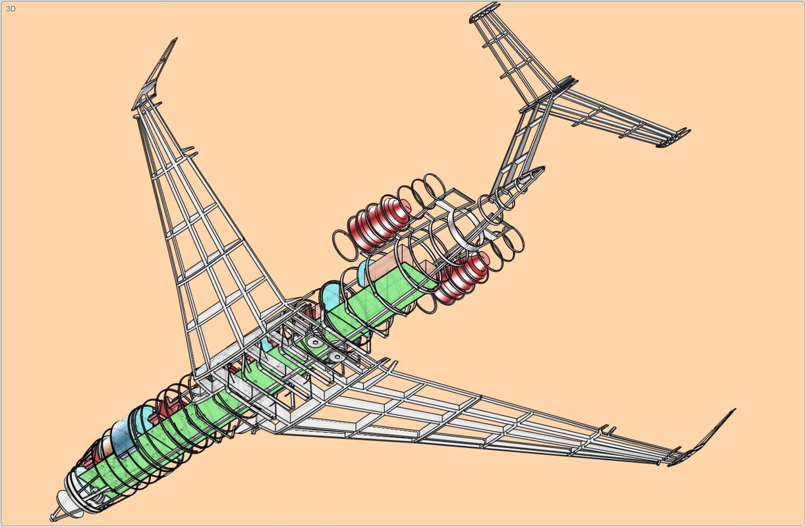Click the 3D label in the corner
pyautogui.click(x=11, y=9)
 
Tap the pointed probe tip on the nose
pyautogui.click(x=51, y=518)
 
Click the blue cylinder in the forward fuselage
pyautogui.click(x=122, y=435)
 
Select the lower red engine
pyautogui.click(x=461, y=276)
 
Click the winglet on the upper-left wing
pyautogui.click(x=156, y=74)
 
